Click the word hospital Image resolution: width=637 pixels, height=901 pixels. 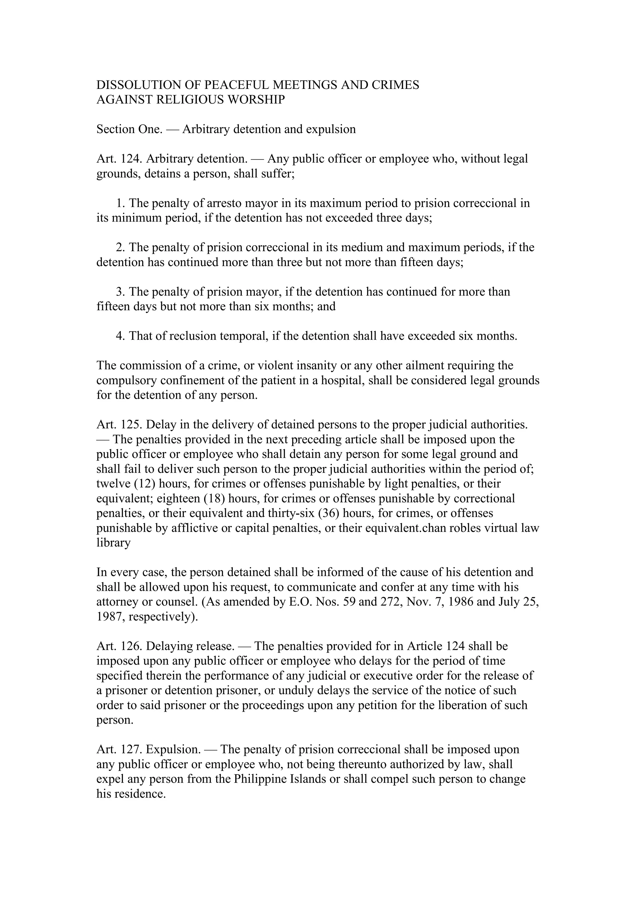coord(343,381)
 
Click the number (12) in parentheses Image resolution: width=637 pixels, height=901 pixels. coord(145,484)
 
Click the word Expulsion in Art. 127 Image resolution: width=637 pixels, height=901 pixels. coord(173,750)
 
